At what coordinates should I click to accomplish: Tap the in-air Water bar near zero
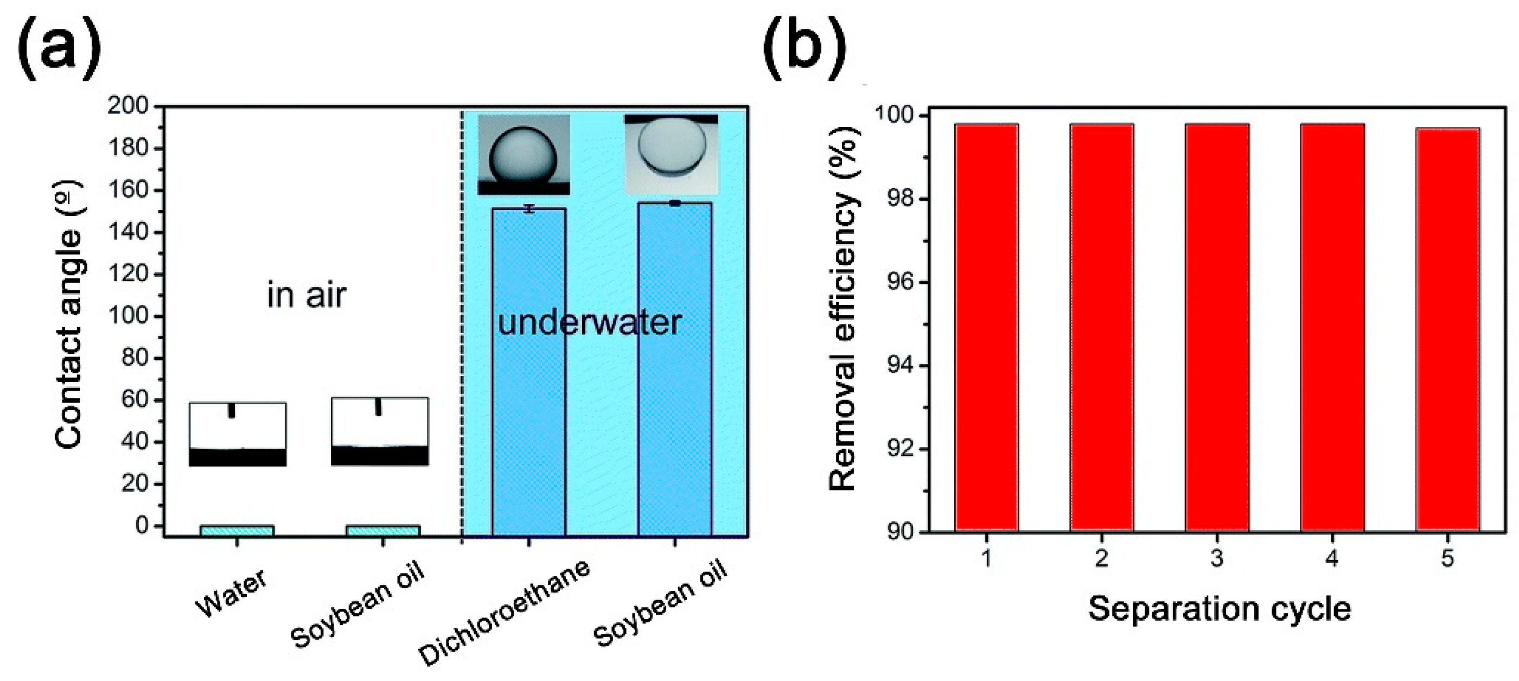pyautogui.click(x=237, y=530)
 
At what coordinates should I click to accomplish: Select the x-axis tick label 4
pyautogui.click(x=1332, y=558)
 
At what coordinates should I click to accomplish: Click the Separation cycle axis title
pyautogui.click(x=1219, y=608)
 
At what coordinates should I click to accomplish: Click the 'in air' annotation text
pyautogui.click(x=307, y=295)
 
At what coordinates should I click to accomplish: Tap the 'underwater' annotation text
pyautogui.click(x=590, y=323)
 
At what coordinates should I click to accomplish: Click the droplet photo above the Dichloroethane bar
pyautogui.click(x=524, y=155)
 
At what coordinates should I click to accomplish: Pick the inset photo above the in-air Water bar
pyautogui.click(x=238, y=435)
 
